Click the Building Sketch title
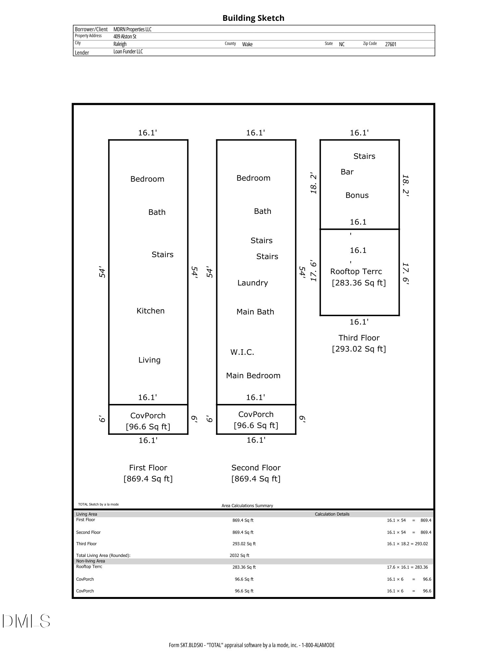pos(253,18)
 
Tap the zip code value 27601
pos(391,44)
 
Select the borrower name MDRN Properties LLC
pos(133,29)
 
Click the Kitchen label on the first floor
pos(150,311)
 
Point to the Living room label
pos(149,360)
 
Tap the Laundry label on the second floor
pos(253,283)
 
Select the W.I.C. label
pos(242,352)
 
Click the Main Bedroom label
pos(253,376)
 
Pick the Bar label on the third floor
pos(347,172)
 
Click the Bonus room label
pos(357,195)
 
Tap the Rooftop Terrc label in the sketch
pos(356,271)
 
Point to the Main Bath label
pos(255,312)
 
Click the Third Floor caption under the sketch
pos(359,338)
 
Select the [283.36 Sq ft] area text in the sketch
pos(359,283)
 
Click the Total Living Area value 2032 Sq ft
pos(240,556)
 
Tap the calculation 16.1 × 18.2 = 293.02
pos(407,544)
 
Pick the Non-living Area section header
pos(91,561)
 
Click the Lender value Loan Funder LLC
pos(128,51)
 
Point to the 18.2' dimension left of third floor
pos(314,184)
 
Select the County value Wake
pos(247,44)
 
